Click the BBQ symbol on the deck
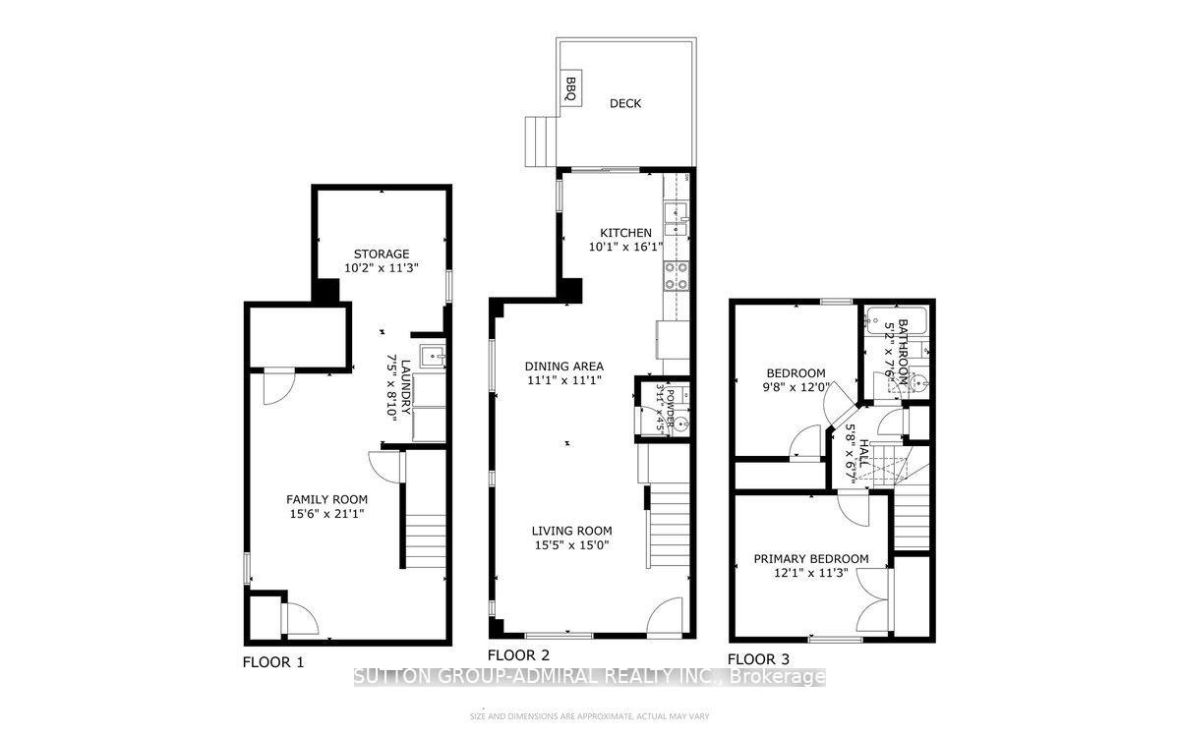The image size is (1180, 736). pyautogui.click(x=569, y=88)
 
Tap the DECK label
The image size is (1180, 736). pyautogui.click(x=624, y=103)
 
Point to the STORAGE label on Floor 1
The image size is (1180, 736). pyautogui.click(x=383, y=254)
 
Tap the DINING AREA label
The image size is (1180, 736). pyautogui.click(x=563, y=367)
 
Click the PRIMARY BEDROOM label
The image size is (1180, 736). pyautogui.click(x=811, y=559)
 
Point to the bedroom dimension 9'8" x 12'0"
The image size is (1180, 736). pyautogui.click(x=797, y=387)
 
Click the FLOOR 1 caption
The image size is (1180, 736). pyautogui.click(x=273, y=662)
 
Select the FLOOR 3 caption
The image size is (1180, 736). pyautogui.click(x=757, y=659)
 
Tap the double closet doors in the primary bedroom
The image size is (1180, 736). pyautogui.click(x=872, y=599)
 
